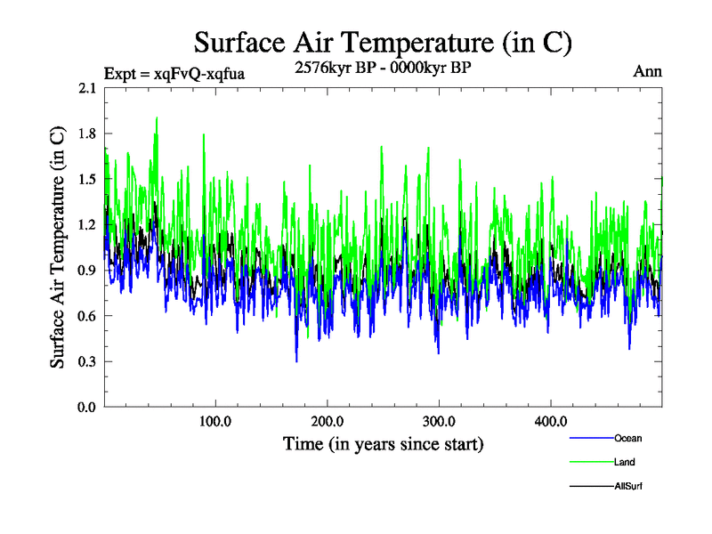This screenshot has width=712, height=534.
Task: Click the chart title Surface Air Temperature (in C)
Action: click(383, 42)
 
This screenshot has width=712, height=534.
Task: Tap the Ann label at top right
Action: click(647, 71)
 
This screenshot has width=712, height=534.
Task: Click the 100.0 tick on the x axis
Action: click(216, 421)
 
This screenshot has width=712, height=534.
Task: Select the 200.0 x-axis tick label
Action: click(328, 421)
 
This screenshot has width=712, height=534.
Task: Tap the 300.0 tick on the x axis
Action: click(439, 421)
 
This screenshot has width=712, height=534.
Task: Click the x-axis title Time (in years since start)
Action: click(383, 443)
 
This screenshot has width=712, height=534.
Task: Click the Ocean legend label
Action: click(627, 438)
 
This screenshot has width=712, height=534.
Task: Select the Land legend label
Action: click(625, 462)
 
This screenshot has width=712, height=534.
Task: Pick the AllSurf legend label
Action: click(628, 486)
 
